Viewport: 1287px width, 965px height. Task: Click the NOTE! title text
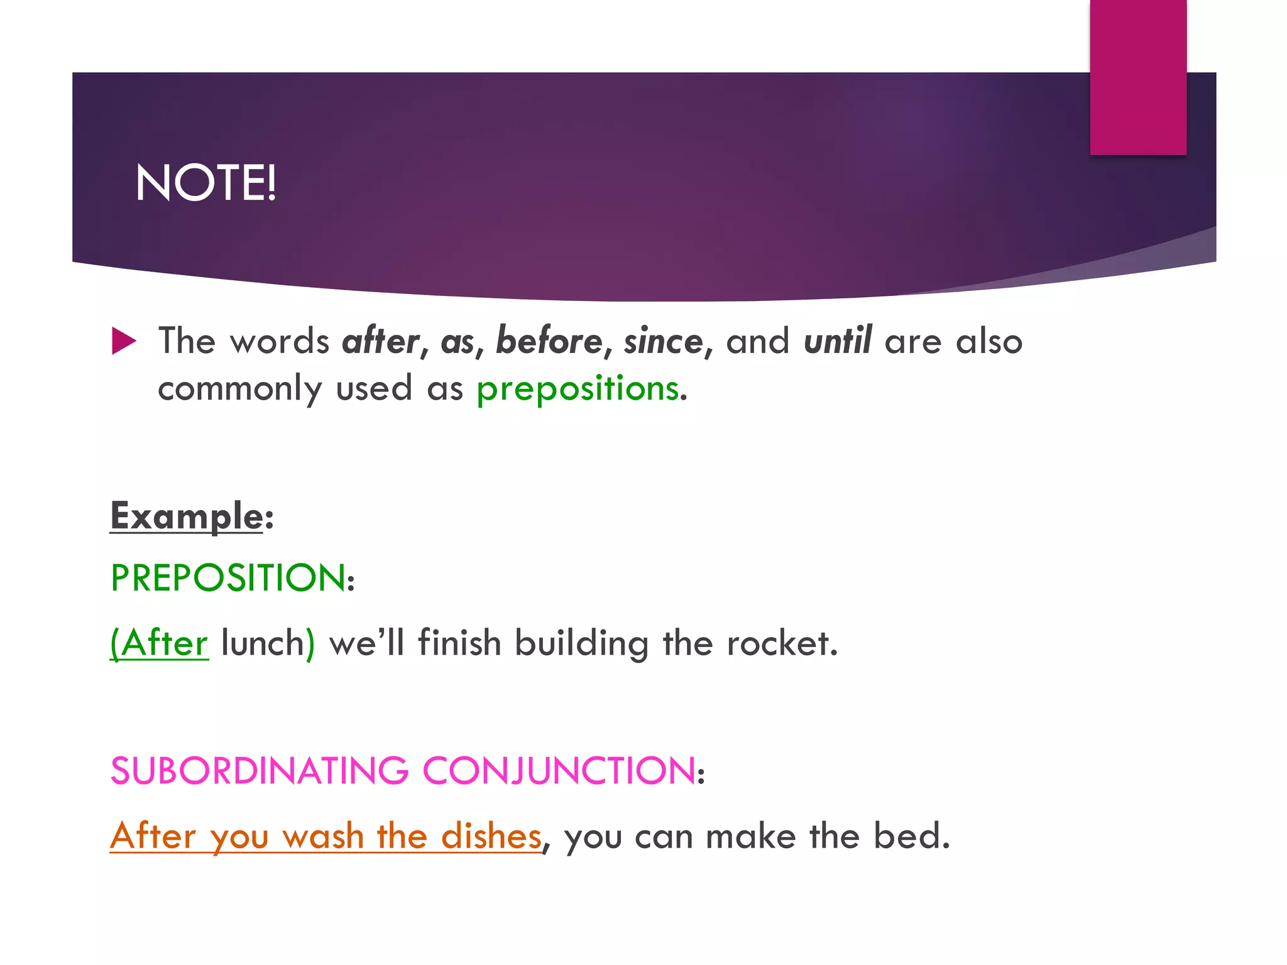click(x=205, y=183)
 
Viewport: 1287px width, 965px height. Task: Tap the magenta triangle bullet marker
click(x=124, y=341)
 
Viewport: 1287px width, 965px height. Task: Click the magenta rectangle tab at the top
click(x=1137, y=77)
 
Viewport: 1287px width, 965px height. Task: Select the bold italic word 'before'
click(x=549, y=341)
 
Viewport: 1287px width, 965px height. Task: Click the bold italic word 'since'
click(x=664, y=341)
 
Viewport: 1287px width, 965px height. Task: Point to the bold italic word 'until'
click(x=838, y=341)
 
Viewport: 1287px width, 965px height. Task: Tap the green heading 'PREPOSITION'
click(x=228, y=578)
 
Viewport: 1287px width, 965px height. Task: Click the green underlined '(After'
click(x=159, y=643)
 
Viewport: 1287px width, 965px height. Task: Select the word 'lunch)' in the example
click(x=268, y=643)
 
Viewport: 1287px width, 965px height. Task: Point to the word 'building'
click(x=581, y=643)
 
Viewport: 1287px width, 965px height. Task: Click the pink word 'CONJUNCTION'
click(x=559, y=771)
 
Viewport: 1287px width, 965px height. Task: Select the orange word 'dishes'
click(x=491, y=836)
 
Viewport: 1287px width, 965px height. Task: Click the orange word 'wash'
click(x=323, y=836)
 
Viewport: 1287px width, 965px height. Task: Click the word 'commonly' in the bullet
click(x=239, y=388)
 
